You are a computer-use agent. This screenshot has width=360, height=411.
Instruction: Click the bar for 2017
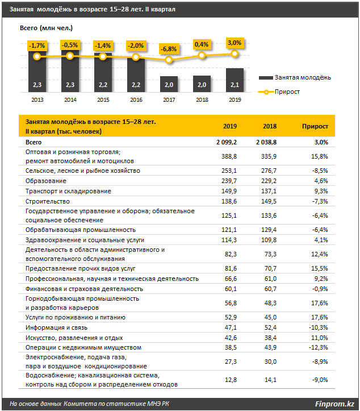point(169,84)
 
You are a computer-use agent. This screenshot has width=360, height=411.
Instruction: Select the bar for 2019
point(235,80)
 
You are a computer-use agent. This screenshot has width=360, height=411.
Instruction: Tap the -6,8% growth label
point(169,49)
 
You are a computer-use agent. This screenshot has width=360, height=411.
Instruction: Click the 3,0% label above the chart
point(234,43)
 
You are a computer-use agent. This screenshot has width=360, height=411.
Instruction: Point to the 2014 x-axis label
point(70,99)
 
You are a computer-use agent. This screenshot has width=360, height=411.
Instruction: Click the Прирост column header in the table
point(315,126)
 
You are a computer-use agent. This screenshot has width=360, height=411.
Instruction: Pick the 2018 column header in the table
point(270,126)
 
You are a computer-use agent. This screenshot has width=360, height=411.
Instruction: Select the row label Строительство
point(48,201)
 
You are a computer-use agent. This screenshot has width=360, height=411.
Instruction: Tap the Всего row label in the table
point(35,142)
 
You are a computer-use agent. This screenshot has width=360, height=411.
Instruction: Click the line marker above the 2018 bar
point(202,55)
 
